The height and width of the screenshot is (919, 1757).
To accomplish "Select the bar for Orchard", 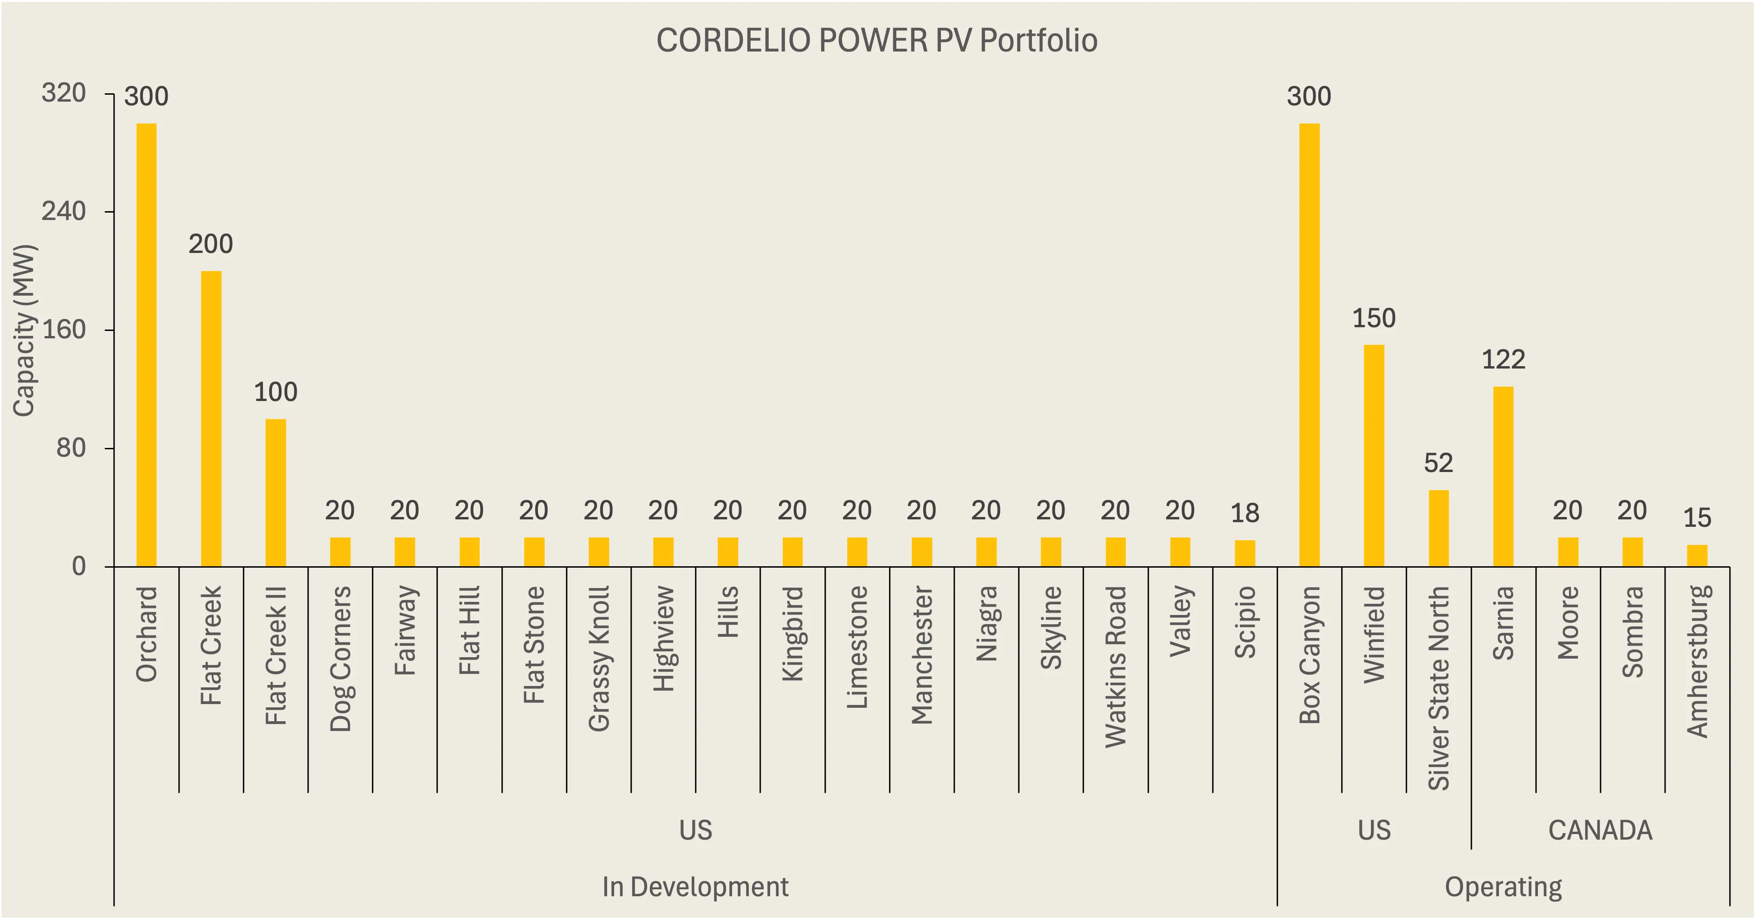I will (147, 344).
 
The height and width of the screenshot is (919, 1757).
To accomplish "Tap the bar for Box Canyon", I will (1309, 344).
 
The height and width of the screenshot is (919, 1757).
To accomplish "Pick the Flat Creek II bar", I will (276, 492).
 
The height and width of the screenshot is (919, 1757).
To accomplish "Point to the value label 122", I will (1503, 359).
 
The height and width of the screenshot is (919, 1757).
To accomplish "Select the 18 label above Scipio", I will (1245, 513).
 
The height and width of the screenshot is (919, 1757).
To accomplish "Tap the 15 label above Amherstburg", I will (1697, 518).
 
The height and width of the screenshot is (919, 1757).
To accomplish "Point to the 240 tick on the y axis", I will (64, 211).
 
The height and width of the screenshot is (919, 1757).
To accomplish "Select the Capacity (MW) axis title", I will (25, 330).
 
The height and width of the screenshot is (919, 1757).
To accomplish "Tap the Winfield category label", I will (1374, 634).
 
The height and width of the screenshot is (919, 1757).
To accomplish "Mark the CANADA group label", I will (1600, 830).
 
